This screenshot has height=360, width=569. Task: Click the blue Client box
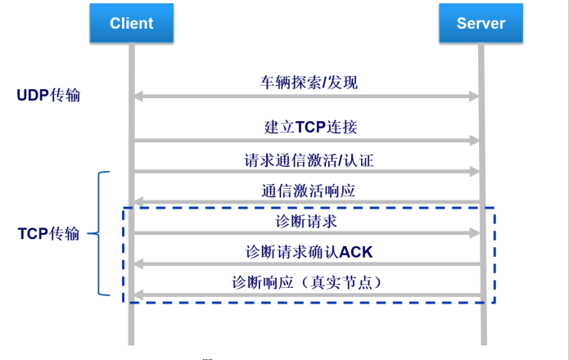pos(131,23)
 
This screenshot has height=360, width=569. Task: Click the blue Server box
pos(481,23)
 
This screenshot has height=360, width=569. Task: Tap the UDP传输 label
pos(49,95)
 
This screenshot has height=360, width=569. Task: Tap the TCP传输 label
pos(49,233)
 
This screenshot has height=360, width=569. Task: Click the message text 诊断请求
pos(307,221)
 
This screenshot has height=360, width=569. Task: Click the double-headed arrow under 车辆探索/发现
pos(306,97)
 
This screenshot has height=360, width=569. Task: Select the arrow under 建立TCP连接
pos(306,141)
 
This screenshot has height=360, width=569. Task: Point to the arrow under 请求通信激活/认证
pos(306,172)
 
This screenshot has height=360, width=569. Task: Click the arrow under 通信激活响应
pos(306,202)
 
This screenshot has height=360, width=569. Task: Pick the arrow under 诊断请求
pos(306,233)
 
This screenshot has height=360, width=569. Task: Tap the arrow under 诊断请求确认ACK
pos(306,263)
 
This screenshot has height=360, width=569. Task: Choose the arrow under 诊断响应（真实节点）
pos(306,295)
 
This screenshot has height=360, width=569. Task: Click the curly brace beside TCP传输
pos(102,233)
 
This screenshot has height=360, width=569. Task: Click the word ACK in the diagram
pos(356,251)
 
